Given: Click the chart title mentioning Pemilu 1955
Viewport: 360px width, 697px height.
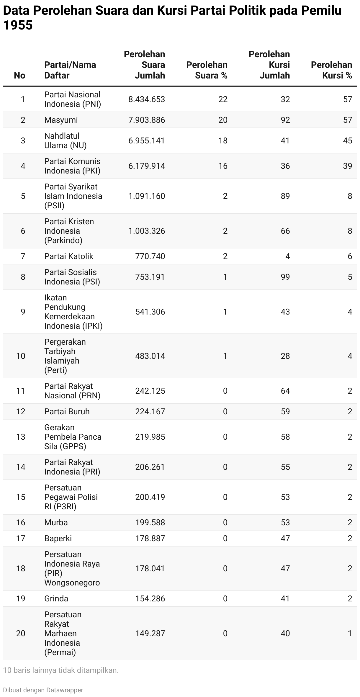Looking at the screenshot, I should point(172,18).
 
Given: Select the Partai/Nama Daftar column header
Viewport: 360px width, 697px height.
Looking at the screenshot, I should point(70,70).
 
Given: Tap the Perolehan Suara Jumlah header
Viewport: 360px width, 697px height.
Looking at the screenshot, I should point(145,65).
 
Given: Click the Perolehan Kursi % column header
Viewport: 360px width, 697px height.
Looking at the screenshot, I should point(331,70).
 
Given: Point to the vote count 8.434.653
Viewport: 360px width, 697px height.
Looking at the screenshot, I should point(147,99).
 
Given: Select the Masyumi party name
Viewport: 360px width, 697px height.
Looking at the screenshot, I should point(61,120).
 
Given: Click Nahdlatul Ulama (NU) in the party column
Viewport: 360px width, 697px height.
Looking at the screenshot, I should point(66,140).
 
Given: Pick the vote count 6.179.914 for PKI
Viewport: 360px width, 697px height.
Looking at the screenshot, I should point(147,166).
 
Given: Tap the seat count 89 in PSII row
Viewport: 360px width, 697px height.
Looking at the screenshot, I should point(285,196).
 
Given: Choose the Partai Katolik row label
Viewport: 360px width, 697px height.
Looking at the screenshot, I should point(69,256).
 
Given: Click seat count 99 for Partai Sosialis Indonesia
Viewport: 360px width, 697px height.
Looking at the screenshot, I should point(285,277).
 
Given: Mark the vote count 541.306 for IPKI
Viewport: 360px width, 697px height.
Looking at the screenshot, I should point(150,312).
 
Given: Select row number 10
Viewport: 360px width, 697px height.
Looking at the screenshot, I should point(21,356).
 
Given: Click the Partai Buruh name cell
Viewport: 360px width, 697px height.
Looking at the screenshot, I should point(67,411).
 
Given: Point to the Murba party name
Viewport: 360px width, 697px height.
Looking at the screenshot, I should point(56,522).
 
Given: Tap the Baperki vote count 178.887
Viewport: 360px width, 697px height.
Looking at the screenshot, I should point(150,538).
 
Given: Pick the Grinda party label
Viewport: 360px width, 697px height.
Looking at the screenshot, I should point(56,598).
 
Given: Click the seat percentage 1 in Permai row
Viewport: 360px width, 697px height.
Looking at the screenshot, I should point(350,633).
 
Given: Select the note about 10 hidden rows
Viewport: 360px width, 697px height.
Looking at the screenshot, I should point(61,670).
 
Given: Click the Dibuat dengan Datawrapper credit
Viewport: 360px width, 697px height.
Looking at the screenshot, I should point(43,690).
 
